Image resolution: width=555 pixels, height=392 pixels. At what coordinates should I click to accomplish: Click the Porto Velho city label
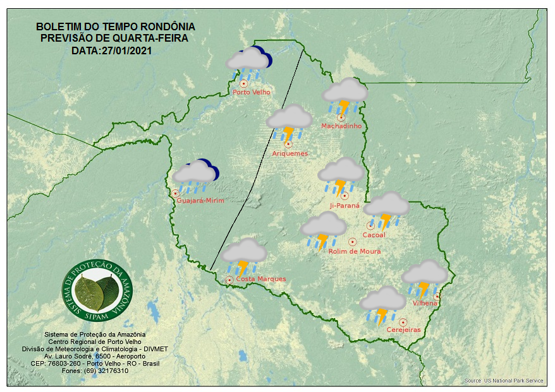point(252,92)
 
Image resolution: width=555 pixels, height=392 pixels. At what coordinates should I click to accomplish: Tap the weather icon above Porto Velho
point(249,62)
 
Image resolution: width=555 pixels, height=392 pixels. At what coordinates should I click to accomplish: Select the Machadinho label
point(341,126)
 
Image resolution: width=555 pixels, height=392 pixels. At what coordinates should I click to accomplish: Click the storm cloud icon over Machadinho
point(345,95)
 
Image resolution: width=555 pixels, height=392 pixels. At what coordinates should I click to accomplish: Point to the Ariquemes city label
point(290,153)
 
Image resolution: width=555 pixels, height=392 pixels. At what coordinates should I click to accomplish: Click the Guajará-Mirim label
point(201,200)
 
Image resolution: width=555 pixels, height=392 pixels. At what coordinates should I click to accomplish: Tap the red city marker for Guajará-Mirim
point(175,193)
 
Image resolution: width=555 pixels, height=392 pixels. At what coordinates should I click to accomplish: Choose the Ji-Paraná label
point(345,206)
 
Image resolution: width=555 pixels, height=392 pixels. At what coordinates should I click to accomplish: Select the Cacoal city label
point(374,235)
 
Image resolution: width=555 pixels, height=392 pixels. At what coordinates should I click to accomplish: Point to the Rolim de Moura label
point(355,251)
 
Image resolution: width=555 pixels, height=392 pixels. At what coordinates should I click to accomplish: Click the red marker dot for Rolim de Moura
point(352,241)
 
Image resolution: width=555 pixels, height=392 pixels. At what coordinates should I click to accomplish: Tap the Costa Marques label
point(260,279)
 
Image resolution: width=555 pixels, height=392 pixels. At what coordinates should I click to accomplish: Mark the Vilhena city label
point(425,304)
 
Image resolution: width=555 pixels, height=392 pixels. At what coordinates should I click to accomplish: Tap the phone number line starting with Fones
point(96,371)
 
